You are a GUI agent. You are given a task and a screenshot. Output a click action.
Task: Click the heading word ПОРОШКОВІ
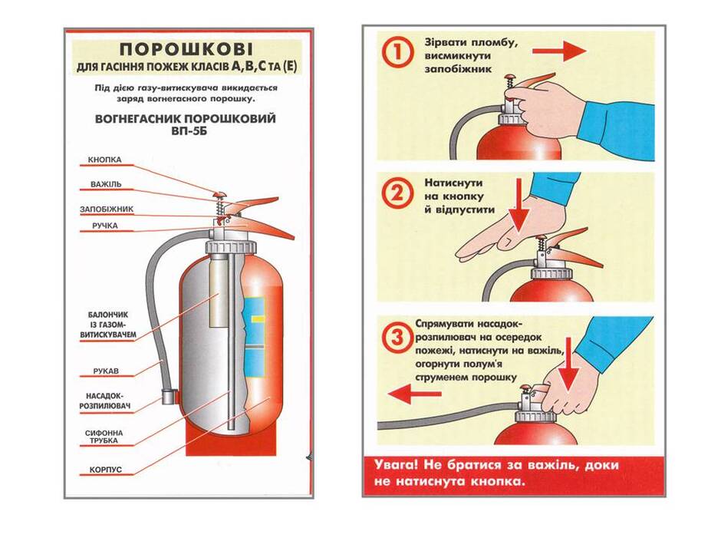pyautogui.click(x=186, y=49)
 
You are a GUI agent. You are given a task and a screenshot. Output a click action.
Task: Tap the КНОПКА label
pyautogui.click(x=105, y=160)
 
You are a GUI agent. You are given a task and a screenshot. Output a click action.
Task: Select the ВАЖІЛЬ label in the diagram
pyautogui.click(x=106, y=184)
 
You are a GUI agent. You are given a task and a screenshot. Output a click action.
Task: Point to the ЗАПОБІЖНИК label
pyautogui.click(x=107, y=209)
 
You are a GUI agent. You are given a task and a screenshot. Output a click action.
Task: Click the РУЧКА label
pyautogui.click(x=105, y=226)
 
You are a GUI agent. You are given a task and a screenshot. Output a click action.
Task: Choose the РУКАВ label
pyautogui.click(x=106, y=371)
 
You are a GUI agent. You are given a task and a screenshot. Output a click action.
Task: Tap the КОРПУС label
pyautogui.click(x=106, y=470)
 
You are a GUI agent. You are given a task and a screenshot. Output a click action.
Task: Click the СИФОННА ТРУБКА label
pyautogui.click(x=104, y=437)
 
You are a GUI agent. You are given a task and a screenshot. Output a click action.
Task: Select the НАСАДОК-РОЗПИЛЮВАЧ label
pyautogui.click(x=105, y=401)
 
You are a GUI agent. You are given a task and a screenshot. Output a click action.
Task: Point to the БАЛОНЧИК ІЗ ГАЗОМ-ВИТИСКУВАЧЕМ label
pyautogui.click(x=108, y=325)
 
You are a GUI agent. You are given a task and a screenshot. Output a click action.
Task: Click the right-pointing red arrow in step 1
pyautogui.click(x=560, y=51)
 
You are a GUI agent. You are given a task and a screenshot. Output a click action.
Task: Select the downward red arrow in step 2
pyautogui.click(x=519, y=206)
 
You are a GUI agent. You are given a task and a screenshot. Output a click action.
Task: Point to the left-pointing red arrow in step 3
pyautogui.click(x=415, y=394)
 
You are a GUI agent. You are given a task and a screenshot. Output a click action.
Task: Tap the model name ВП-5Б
pyautogui.click(x=186, y=130)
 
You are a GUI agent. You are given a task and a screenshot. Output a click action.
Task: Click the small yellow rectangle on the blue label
pyautogui.click(x=258, y=318)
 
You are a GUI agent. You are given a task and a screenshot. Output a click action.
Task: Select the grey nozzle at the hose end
pyautogui.click(x=169, y=396)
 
